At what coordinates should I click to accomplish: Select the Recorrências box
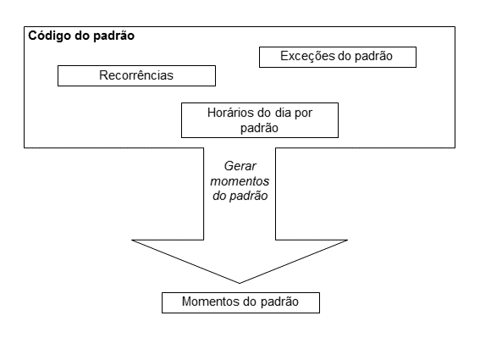click(136, 75)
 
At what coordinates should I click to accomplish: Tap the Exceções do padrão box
click(338, 57)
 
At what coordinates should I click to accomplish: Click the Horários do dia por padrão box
click(260, 119)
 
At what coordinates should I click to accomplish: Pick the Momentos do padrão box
click(240, 302)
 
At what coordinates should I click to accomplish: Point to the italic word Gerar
click(240, 168)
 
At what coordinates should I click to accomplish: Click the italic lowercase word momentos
click(240, 182)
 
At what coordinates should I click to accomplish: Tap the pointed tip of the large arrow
click(240, 283)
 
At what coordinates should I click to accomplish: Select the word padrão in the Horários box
click(260, 128)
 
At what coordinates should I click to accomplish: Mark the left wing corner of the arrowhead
click(133, 240)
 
